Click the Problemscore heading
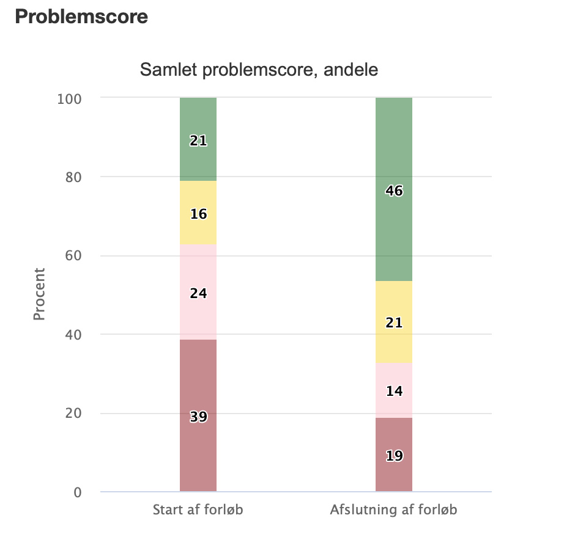tap(81, 16)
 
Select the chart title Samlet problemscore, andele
tap(259, 70)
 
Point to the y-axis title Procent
tap(40, 294)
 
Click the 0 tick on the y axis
tap(77, 492)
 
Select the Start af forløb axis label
tap(198, 509)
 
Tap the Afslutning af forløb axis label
tap(393, 509)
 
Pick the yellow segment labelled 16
tap(198, 213)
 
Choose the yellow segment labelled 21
tap(394, 322)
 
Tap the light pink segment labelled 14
tap(394, 390)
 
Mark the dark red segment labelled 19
tap(394, 455)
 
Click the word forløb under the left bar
tap(224, 509)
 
